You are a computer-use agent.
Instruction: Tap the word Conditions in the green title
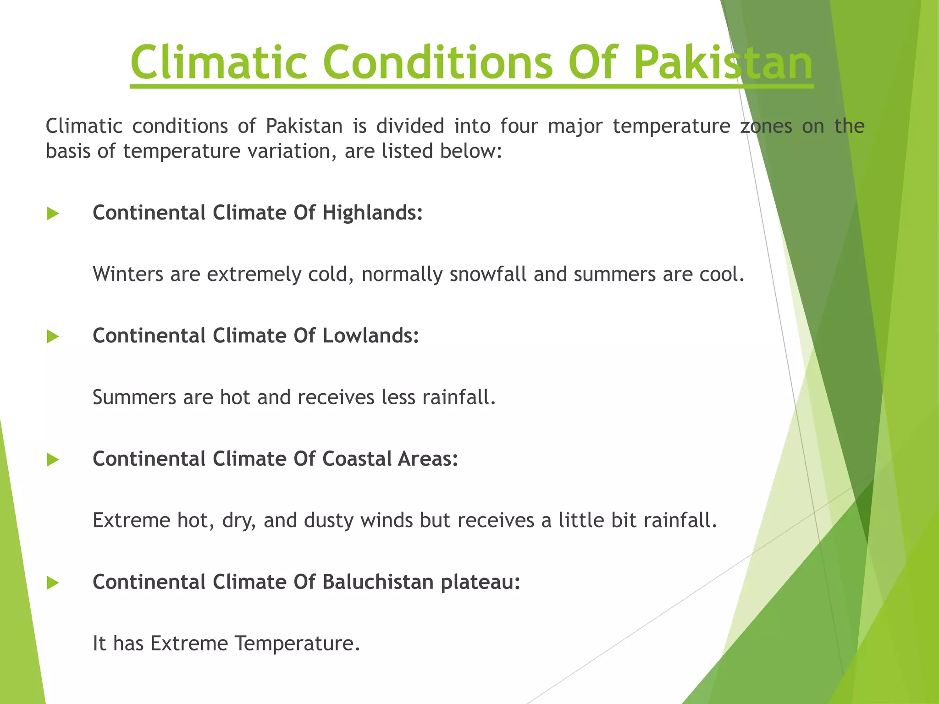click(438, 62)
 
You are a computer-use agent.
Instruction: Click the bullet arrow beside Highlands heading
click(53, 214)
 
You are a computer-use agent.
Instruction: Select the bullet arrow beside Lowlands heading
click(53, 337)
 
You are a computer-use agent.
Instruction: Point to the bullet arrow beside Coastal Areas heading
click(53, 460)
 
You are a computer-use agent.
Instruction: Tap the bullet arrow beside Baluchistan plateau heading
click(53, 583)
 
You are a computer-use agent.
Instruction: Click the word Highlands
click(372, 213)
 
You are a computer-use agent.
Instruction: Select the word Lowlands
click(370, 335)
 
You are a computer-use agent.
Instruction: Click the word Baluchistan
click(378, 582)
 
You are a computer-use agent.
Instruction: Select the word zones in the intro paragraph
click(766, 126)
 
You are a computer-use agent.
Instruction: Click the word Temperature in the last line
click(297, 643)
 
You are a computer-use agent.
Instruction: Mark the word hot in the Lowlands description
click(235, 397)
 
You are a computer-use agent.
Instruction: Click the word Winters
click(128, 274)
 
